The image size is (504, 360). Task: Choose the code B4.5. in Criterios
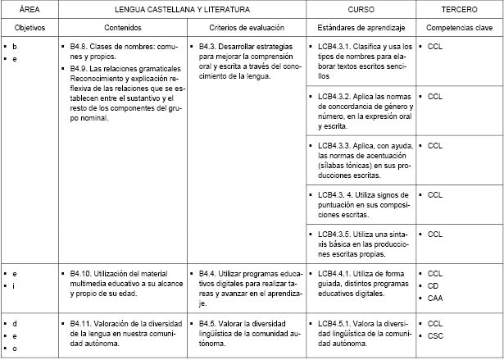point(209,323)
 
